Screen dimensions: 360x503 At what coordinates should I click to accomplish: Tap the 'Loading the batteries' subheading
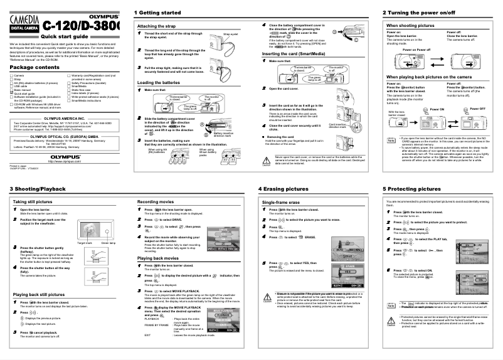click(163, 83)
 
